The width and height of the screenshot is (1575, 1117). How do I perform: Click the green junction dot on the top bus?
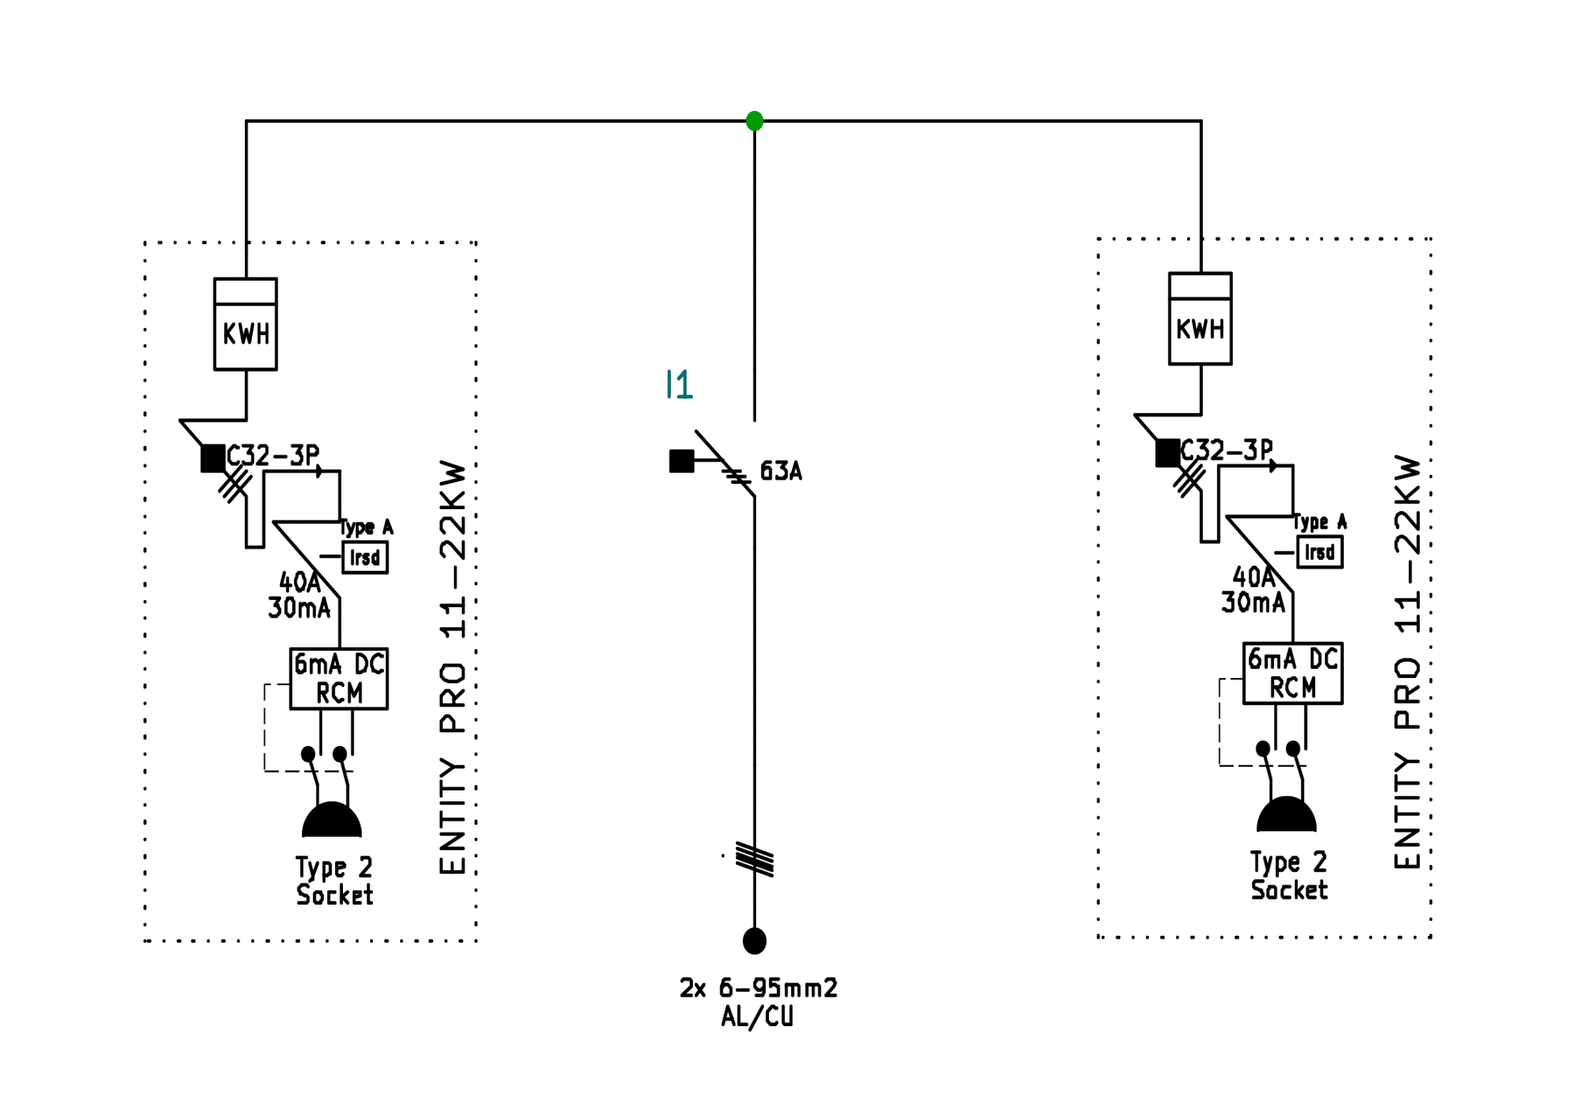754,121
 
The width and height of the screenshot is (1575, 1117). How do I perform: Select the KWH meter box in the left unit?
246,324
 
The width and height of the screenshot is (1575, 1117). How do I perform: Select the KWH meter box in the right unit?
1200,319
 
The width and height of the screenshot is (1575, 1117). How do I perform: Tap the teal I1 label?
679,385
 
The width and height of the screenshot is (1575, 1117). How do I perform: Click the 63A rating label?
780,471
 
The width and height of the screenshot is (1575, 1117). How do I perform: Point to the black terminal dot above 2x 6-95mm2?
755,941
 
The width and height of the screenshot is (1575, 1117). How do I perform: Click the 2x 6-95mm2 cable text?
758,988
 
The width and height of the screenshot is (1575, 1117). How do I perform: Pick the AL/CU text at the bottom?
757,1017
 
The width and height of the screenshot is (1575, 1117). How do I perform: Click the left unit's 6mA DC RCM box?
339,679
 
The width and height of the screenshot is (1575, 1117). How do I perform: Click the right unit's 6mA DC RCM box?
1292,673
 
